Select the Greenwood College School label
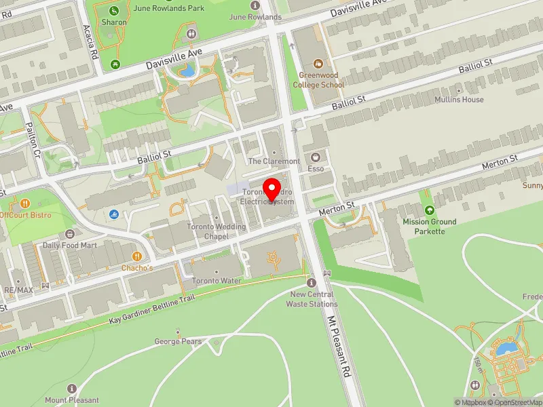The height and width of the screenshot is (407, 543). tap(318, 80)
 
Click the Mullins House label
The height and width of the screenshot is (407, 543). tap(460, 99)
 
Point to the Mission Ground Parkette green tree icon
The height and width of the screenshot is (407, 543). tap(429, 211)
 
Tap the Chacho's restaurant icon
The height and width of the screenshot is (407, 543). tap(137, 256)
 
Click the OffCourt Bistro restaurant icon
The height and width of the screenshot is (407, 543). tap(25, 203)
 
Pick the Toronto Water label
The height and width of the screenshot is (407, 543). tap(217, 280)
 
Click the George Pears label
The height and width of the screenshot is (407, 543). tap(178, 341)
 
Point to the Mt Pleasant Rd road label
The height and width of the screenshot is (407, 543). tap(341, 346)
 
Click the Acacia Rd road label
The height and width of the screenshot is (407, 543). tap(88, 41)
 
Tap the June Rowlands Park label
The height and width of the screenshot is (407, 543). tap(160, 8)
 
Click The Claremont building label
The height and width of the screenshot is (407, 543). tap(274, 161)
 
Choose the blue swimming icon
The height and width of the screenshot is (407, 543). tap(113, 215)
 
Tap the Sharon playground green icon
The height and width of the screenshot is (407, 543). tap(114, 10)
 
